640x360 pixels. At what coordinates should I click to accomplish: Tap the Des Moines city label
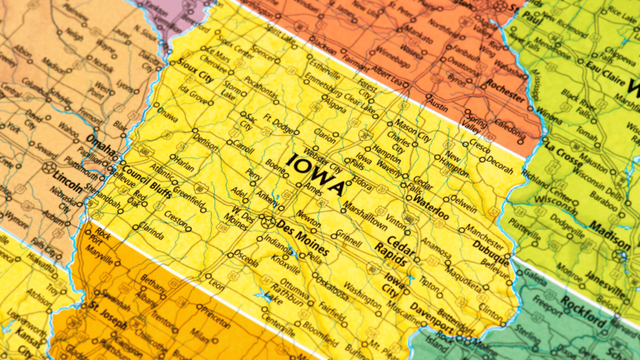(x=303, y=229)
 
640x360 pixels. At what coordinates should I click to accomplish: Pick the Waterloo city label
(x=430, y=202)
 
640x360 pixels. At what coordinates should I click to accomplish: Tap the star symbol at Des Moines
(x=268, y=222)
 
